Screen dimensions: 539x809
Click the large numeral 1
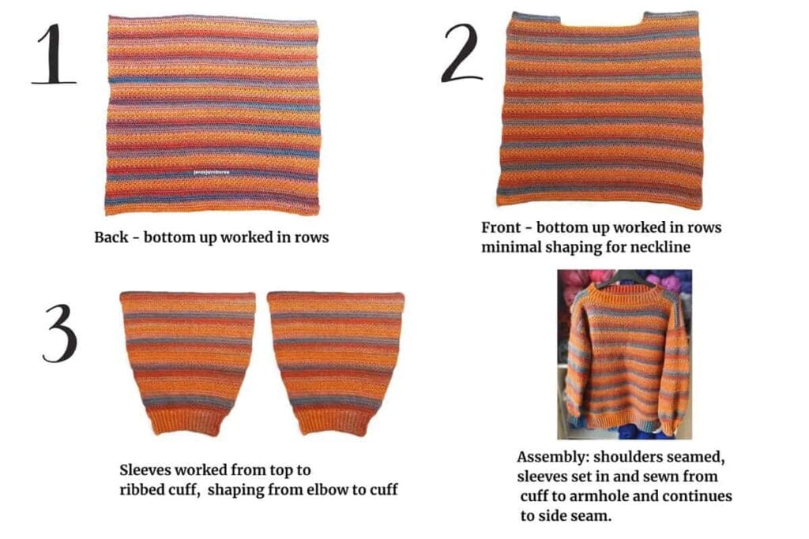click(53, 55)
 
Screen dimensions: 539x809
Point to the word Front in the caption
click(502, 228)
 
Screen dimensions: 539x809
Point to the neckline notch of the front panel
click(604, 22)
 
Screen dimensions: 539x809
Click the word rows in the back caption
click(309, 237)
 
